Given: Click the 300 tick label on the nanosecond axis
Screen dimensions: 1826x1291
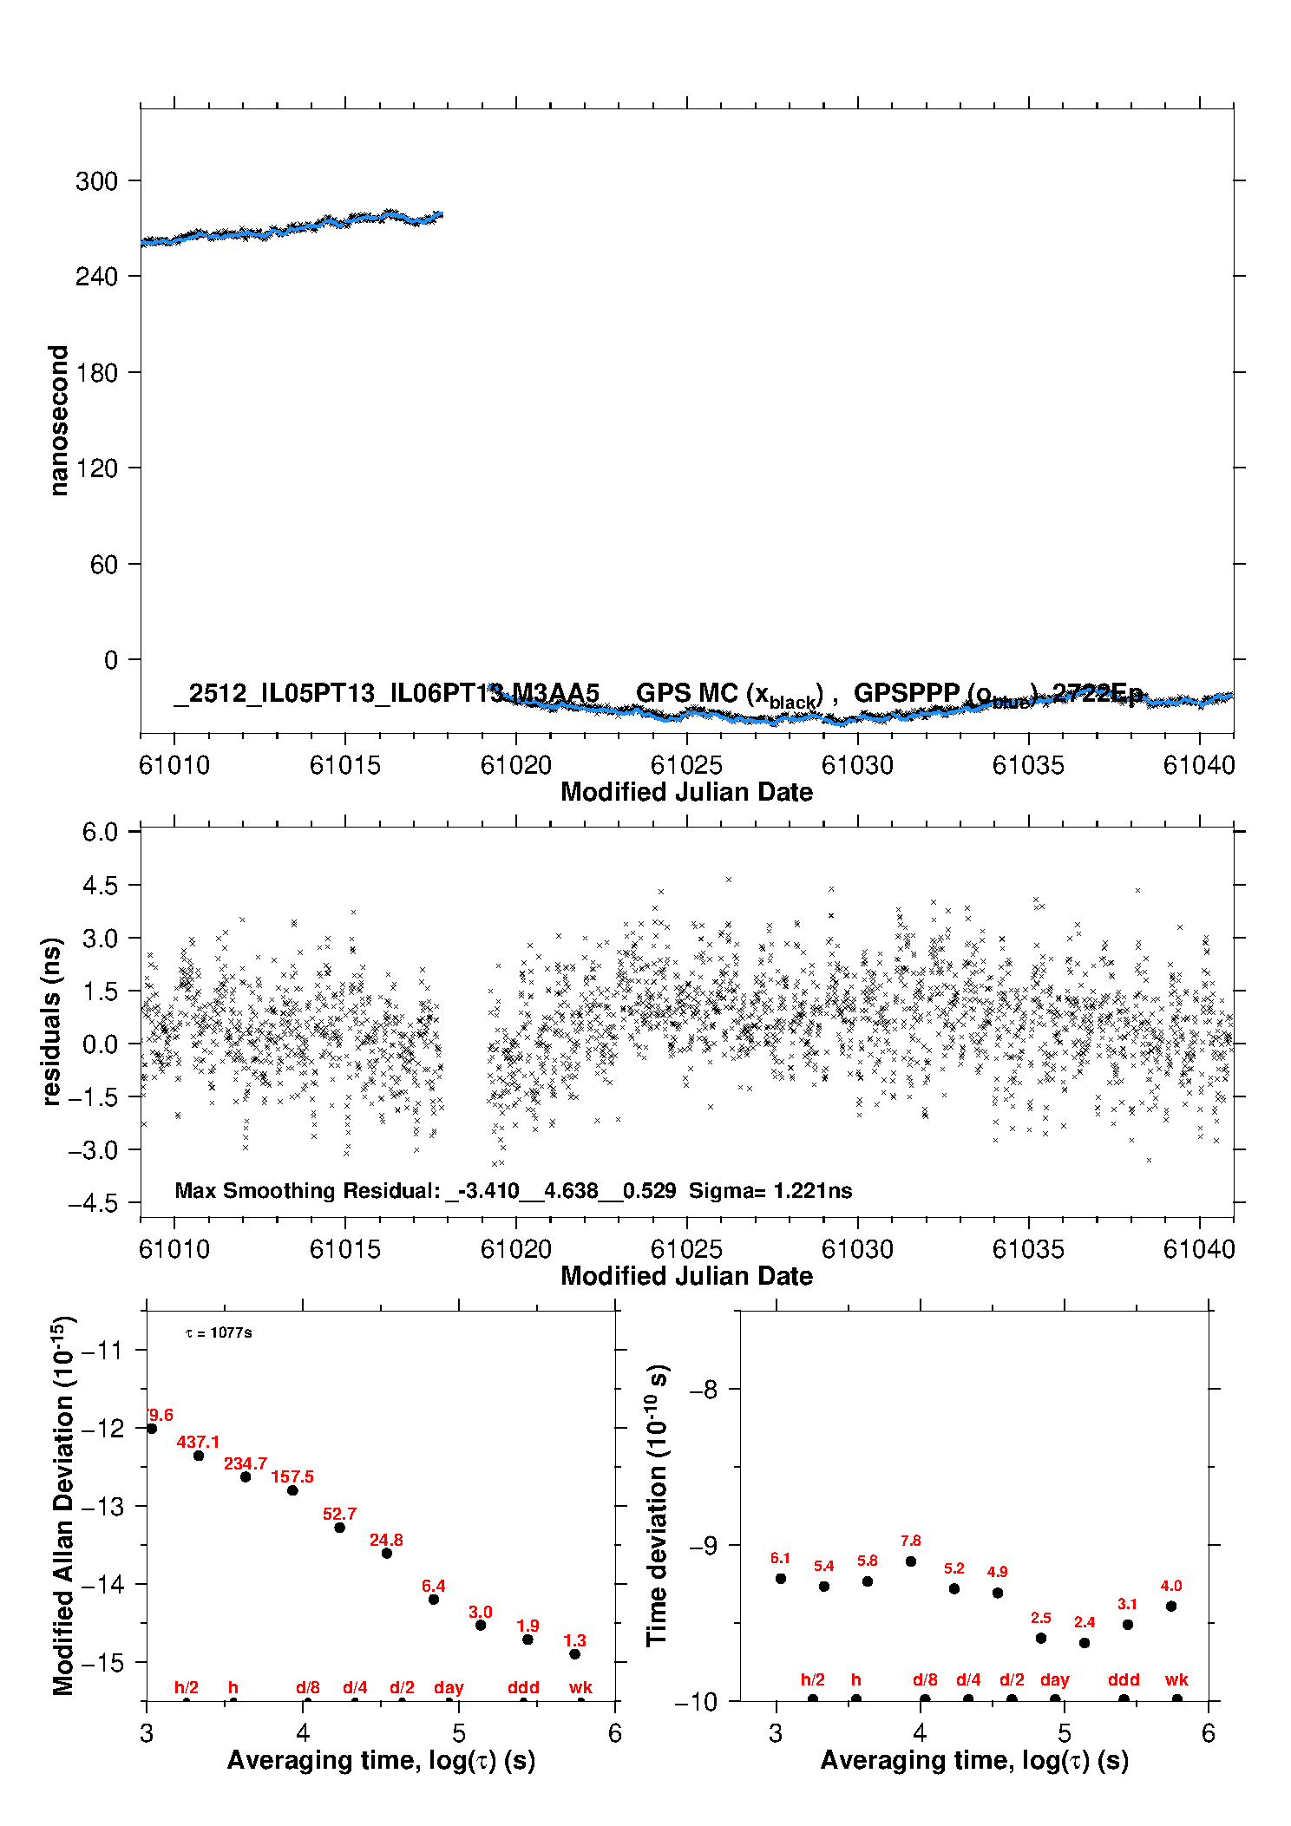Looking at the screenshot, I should point(96,181).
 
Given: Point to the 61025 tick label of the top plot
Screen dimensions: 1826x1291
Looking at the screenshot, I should point(686,765).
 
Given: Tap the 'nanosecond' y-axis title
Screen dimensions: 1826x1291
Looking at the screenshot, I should point(59,421).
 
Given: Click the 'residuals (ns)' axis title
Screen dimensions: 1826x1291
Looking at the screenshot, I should point(52,1021).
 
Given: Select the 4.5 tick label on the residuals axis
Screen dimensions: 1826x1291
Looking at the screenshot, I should point(100,886).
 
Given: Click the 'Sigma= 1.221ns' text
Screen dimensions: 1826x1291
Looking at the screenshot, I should point(770,1191).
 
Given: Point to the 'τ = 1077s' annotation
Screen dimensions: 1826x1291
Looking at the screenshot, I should point(219,1332).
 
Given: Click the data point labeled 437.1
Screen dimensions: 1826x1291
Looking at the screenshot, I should point(199,1456).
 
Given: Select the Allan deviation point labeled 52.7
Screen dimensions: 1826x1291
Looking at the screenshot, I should point(339,1528).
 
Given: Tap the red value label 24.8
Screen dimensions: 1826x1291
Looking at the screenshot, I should point(386,1540).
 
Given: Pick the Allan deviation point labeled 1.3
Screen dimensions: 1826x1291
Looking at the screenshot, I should point(574,1654).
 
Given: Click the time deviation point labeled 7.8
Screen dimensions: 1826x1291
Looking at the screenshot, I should point(911,1561).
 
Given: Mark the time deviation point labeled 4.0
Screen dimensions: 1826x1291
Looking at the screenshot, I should point(1171,1606).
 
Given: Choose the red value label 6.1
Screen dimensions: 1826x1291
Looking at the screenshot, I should point(780,1559).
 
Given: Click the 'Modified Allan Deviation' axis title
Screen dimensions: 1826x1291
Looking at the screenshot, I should point(63,1505).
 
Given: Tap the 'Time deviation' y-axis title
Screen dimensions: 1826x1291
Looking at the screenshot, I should point(658,1506).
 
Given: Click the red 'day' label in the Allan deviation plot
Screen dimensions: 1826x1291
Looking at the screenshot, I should point(449,1687).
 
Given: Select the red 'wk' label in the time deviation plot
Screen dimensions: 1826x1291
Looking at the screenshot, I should point(1176,1679).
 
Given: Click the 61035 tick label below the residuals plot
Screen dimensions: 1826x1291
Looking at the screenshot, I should point(1028,1249).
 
